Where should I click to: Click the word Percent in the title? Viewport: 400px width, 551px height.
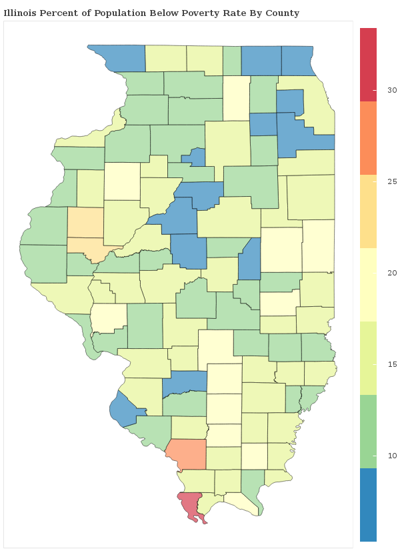pos(61,13)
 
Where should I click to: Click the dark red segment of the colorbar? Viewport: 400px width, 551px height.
pos(368,64)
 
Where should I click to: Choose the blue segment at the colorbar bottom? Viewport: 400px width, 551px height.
pos(368,504)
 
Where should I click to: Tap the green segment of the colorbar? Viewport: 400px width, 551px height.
pos(368,431)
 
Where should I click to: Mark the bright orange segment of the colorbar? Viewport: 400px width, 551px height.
pos(368,137)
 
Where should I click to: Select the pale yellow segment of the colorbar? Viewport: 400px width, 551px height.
pos(368,284)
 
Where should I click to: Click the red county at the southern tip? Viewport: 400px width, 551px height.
pos(190,505)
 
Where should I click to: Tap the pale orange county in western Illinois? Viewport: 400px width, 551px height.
pos(86,230)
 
